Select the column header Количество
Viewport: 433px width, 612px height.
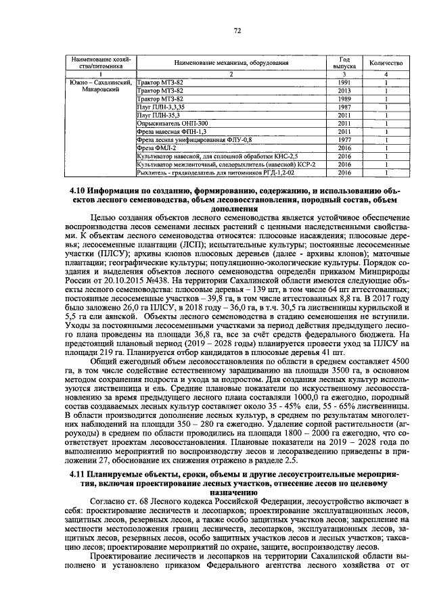pyautogui.click(x=385, y=62)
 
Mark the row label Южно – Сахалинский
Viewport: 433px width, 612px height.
pyautogui.click(x=99, y=82)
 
